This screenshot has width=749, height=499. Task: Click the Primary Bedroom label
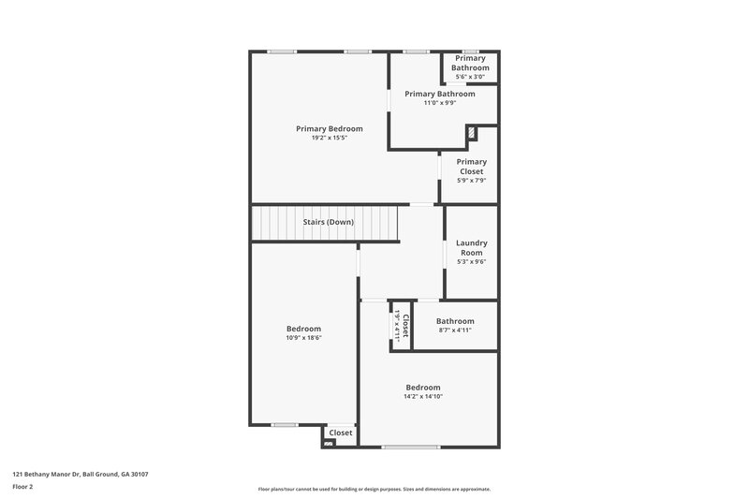tap(329, 128)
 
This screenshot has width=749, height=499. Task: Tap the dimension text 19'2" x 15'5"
tap(329, 138)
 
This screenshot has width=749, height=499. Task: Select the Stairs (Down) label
tap(327, 222)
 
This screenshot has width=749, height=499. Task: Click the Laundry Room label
tap(471, 247)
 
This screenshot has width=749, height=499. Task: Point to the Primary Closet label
tap(471, 167)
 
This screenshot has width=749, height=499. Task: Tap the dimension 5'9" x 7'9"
tap(471, 181)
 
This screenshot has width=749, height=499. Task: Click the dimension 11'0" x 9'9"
tap(439, 103)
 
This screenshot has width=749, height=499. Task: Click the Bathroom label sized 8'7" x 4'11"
tap(455, 321)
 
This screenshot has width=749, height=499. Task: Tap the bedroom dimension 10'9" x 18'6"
tap(303, 338)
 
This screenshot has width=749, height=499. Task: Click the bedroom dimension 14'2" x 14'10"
tap(422, 397)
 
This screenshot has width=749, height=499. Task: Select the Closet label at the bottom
tap(341, 433)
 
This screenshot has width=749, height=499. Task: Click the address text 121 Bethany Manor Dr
tap(80, 474)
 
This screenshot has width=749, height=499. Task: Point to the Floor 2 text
tap(22, 487)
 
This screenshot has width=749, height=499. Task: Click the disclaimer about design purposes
tap(374, 489)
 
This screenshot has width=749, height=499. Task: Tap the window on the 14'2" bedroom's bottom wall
tap(411, 447)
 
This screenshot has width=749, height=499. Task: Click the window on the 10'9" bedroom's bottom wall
tap(285, 425)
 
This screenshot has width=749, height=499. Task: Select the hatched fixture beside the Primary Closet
tap(472, 133)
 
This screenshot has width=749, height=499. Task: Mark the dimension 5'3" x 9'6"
tap(471, 261)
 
